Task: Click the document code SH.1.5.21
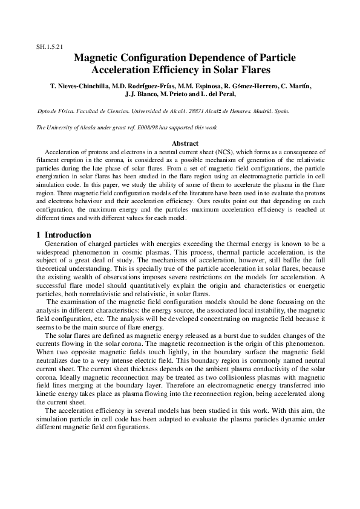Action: pyautogui.click(x=50, y=47)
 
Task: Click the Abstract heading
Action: pyautogui.click(x=185, y=143)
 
